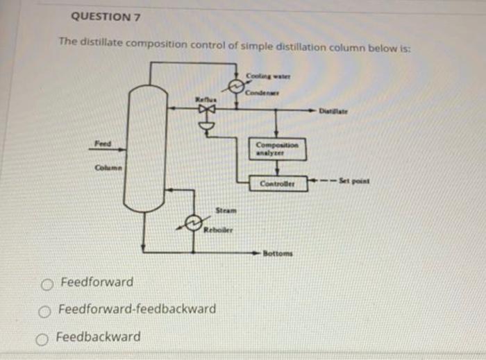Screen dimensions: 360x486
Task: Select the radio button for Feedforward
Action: coord(47,284)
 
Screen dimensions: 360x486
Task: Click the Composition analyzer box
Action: coord(276,147)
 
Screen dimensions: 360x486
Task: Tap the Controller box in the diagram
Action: coord(277,184)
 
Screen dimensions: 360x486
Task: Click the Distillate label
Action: coord(333,110)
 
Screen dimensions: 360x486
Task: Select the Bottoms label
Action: coord(278,253)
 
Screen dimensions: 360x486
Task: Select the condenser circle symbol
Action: coord(236,85)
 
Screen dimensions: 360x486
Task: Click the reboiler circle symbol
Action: coord(192,222)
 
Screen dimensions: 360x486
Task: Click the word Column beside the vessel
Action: coord(108,167)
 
